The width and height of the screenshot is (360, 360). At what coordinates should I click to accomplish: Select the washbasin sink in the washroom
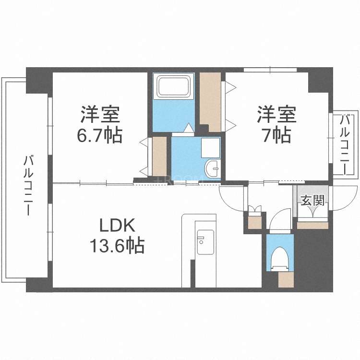(212, 168)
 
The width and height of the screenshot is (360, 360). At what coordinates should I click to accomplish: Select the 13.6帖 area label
(116, 246)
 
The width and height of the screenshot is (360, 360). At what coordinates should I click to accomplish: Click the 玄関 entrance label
(311, 200)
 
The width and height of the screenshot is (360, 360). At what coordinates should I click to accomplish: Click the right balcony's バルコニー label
(345, 144)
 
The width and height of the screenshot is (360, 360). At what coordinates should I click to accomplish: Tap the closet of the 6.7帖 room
(159, 156)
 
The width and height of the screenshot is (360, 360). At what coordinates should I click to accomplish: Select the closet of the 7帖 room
(210, 101)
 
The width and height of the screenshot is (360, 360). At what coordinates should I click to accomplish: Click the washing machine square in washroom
(210, 148)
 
